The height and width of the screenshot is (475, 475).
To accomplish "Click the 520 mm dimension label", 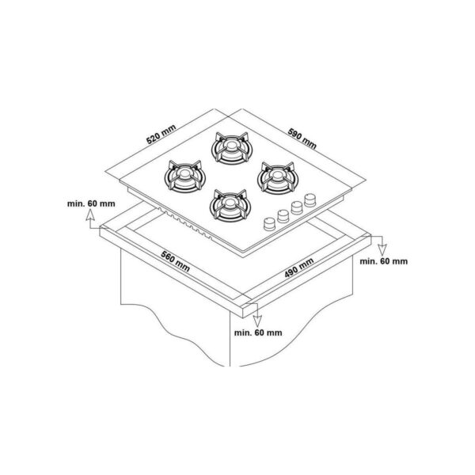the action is (161, 135).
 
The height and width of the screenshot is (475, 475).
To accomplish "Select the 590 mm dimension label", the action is (302, 139).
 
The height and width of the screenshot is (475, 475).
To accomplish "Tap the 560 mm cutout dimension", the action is (176, 261).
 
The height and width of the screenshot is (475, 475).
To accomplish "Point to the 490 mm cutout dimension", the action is (299, 268).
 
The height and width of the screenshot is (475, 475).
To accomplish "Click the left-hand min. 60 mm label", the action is (91, 203).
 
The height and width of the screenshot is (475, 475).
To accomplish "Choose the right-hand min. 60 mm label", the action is (383, 261).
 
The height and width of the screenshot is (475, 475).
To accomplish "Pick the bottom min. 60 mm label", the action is (258, 332).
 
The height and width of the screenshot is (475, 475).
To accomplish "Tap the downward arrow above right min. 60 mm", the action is (382, 246).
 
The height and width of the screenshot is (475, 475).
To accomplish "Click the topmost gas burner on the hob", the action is (231, 148).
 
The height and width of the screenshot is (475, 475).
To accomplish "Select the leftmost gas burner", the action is (184, 177).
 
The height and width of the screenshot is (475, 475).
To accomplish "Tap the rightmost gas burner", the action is (278, 178).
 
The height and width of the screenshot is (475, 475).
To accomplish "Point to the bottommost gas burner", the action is (230, 205).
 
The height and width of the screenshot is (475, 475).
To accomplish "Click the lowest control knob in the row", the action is (269, 224).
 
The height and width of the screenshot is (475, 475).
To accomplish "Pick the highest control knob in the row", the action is (310, 200).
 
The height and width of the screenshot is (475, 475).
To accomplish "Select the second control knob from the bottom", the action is (283, 216).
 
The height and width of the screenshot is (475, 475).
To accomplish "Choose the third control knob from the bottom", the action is (297, 207).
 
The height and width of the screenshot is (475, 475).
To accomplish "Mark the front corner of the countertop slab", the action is (243, 317).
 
